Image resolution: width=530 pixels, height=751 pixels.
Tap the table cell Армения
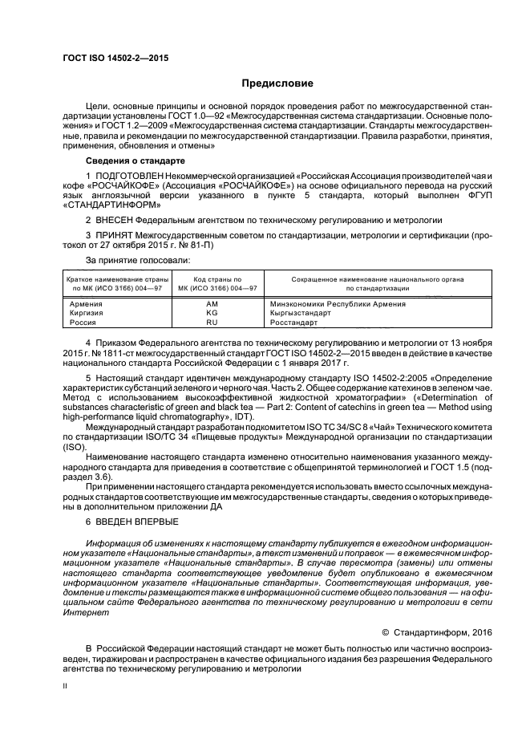tap(86, 304)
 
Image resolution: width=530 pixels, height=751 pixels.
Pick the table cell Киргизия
tap(87, 313)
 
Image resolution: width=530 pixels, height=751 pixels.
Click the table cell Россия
tap(83, 322)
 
